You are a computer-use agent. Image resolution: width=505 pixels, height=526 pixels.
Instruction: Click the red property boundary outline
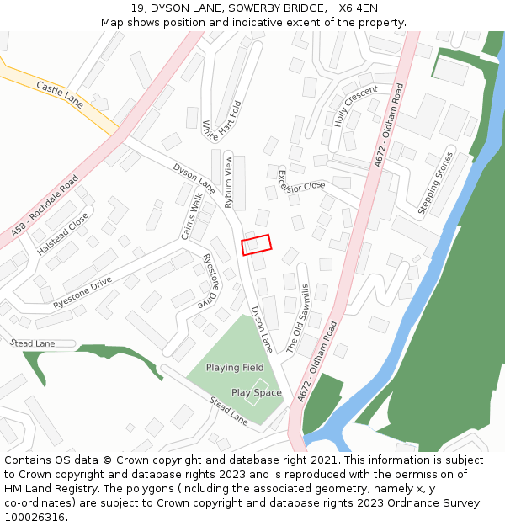(257, 244)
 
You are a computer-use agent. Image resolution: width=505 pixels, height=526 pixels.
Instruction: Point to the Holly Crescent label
(355, 106)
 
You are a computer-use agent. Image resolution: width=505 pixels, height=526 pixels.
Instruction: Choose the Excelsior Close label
(300, 182)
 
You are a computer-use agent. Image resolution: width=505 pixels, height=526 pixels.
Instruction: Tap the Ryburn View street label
(228, 182)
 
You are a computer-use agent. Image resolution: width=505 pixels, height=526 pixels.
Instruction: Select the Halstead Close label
(62, 234)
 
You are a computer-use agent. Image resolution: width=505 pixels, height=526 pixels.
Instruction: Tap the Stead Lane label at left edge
(32, 343)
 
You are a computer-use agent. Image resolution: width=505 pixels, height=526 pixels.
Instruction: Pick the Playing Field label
(235, 368)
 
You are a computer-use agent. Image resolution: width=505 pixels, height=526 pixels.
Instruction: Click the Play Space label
(256, 393)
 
